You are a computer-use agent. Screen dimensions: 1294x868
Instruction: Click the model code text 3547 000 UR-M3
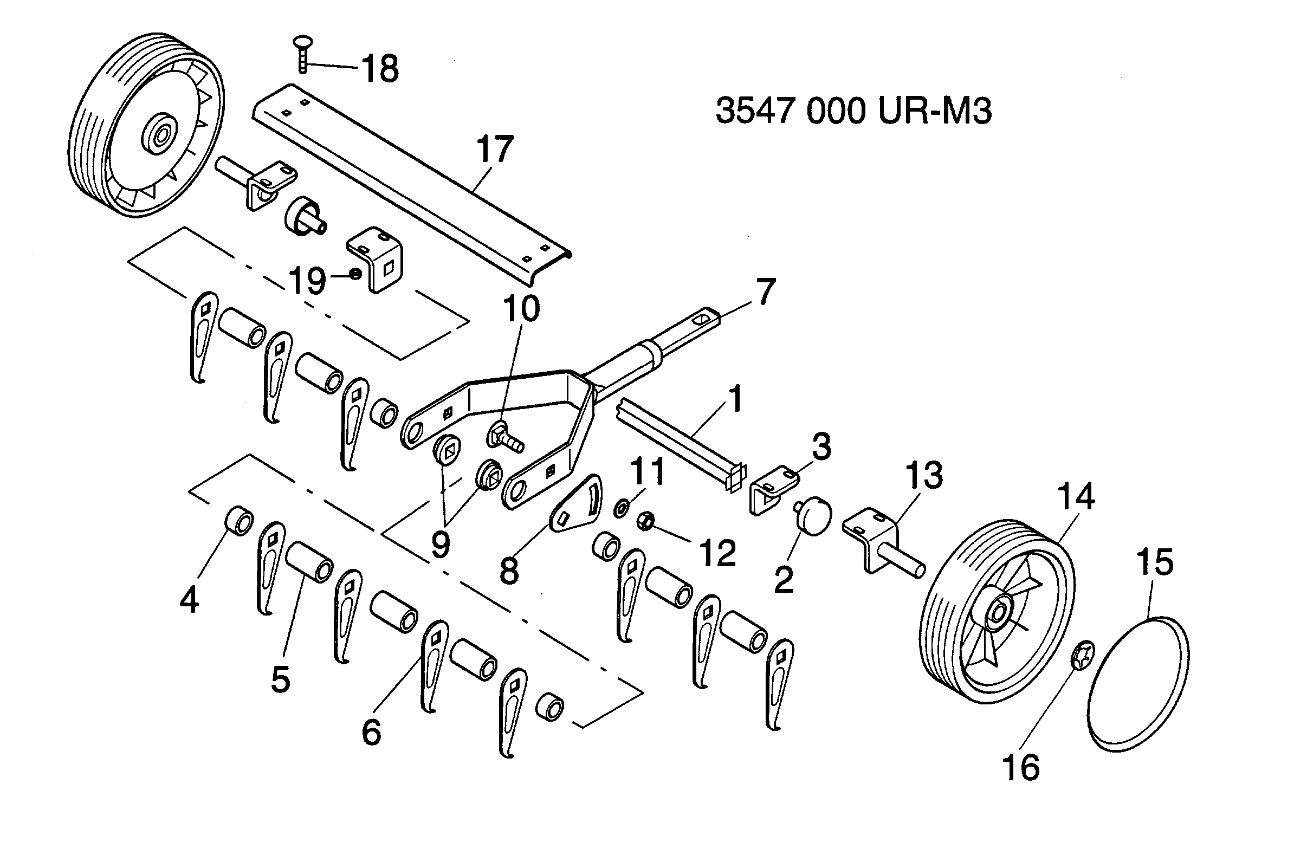853,111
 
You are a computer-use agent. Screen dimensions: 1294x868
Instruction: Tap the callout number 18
380,69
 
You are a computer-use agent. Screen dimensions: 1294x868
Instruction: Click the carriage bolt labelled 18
302,54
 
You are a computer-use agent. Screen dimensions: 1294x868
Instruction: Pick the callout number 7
766,292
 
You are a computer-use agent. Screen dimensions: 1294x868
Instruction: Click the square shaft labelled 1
681,444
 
